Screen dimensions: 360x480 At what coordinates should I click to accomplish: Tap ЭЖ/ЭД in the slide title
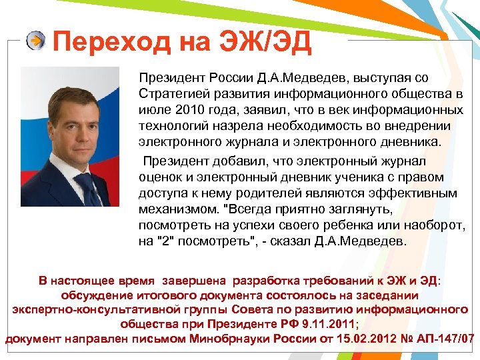[263, 43]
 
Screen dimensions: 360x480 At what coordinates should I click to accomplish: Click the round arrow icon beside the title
[36, 42]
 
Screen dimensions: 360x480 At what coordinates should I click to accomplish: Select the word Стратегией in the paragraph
[171, 93]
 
